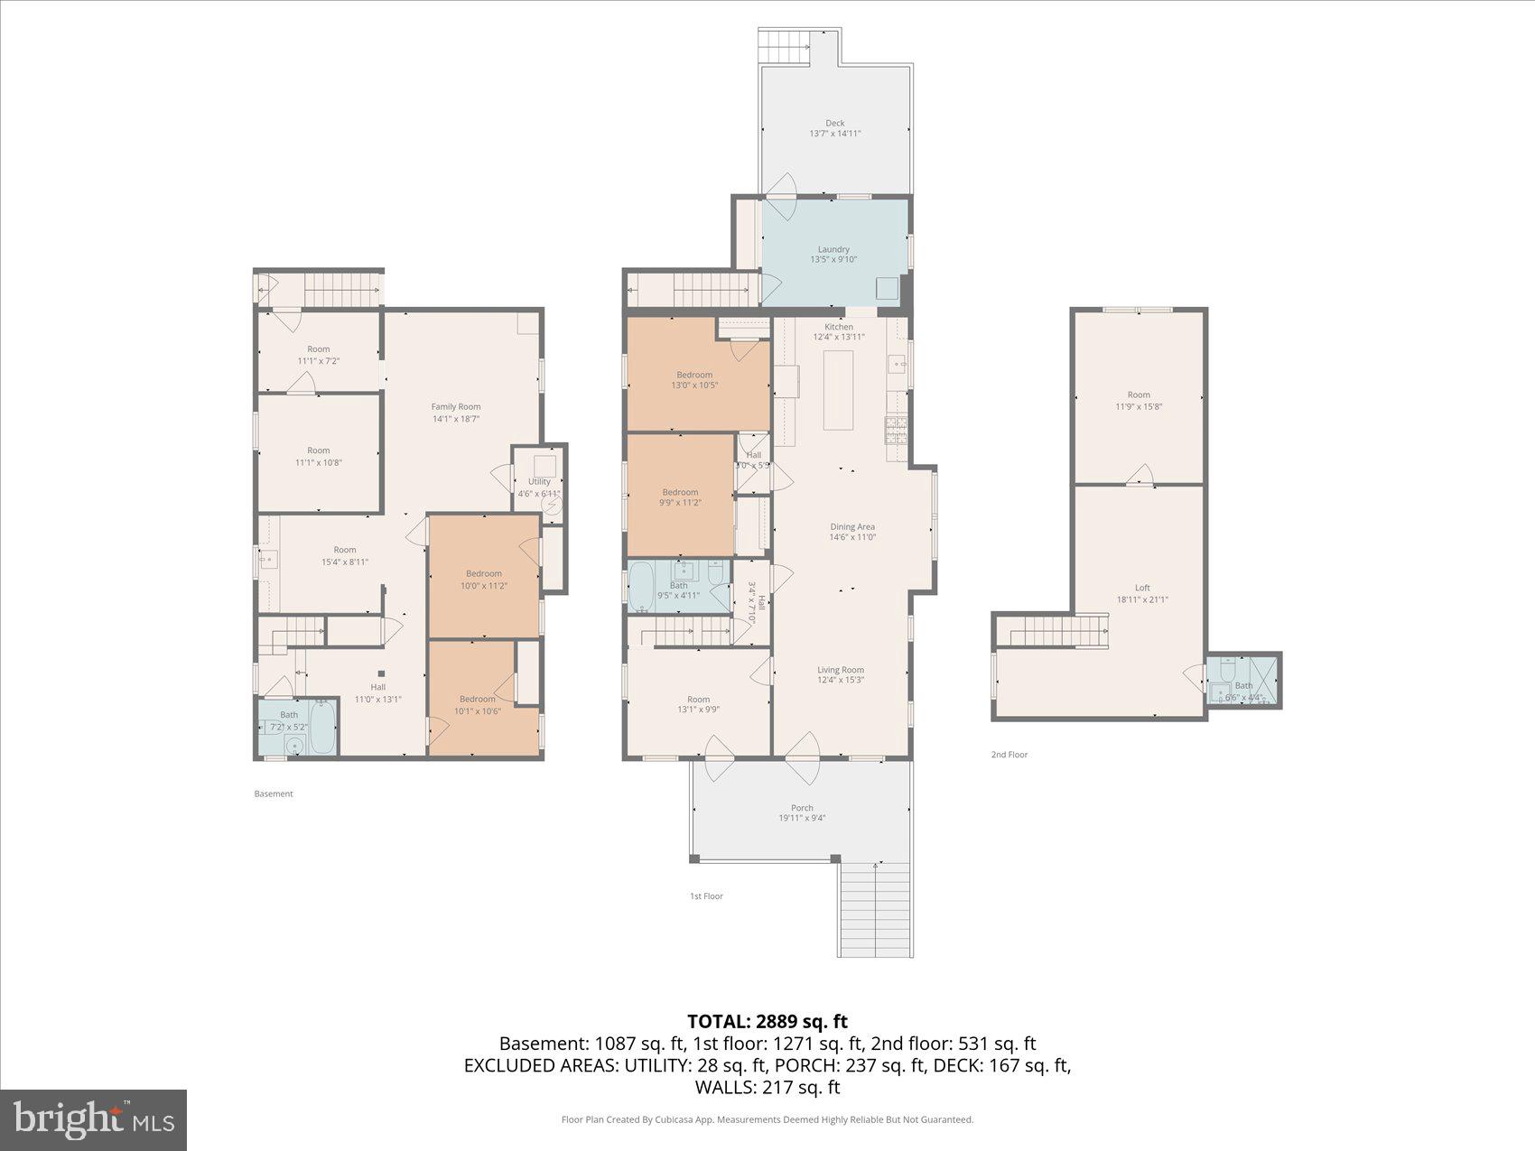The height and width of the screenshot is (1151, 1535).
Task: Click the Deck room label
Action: point(834,124)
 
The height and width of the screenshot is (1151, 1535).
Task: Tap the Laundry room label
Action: point(833,250)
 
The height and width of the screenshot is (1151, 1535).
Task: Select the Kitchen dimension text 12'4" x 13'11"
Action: point(839,338)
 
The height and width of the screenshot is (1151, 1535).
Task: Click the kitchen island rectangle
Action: point(839,391)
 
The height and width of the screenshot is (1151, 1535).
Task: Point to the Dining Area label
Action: point(852,527)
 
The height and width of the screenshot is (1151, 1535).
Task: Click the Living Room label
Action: point(840,670)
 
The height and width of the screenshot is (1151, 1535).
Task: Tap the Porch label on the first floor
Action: point(802,808)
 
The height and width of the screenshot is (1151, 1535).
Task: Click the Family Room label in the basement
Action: point(455,407)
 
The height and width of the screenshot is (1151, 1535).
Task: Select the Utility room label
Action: point(539,482)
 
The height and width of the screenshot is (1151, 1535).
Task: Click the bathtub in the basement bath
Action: point(321,728)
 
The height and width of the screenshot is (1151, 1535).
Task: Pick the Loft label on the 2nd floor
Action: point(1142,588)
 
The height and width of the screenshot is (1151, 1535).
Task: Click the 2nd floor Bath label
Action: point(1243,686)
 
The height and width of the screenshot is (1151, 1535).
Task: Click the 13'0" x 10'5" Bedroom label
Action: point(694,375)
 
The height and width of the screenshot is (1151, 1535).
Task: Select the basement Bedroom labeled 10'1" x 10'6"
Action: point(477,699)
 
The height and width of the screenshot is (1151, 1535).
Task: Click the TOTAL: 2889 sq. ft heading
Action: point(767,1021)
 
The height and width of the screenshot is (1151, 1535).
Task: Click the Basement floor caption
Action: point(274,794)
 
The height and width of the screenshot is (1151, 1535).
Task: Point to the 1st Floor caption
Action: point(706,896)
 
